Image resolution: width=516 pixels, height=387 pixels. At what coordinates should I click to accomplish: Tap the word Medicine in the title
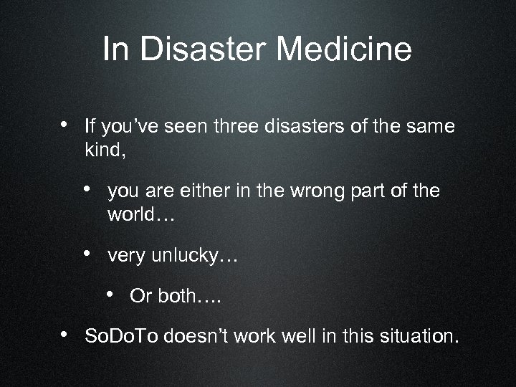point(344,50)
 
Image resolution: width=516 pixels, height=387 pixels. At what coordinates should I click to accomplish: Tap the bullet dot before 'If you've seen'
point(64,125)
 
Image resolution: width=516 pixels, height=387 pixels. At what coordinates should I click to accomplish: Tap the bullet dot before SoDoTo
point(64,333)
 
